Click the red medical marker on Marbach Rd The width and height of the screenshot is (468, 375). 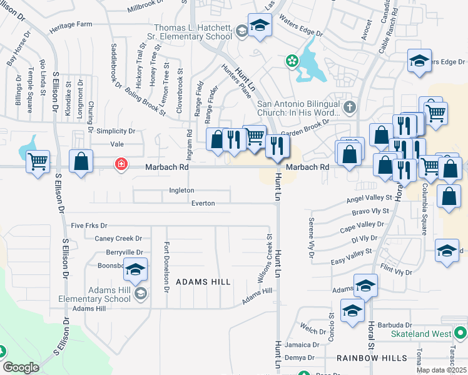pos(120,164)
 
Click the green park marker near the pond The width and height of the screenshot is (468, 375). pos(291,61)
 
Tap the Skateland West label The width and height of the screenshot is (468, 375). pos(421,334)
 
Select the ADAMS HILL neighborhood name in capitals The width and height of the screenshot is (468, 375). pos(203,282)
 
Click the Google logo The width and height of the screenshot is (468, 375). pos(21,367)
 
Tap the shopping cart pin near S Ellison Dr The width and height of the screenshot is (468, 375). pos(38,161)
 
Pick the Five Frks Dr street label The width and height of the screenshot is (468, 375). pos(89,225)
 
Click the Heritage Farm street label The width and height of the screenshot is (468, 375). pos(71,24)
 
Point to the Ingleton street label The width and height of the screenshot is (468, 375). pos(181,190)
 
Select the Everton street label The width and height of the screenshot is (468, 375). pos(203,203)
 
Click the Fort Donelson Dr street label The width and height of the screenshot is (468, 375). pos(166,267)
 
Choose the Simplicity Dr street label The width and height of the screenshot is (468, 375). pos(116,131)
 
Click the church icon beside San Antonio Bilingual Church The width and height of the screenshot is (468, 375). pos(349,107)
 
